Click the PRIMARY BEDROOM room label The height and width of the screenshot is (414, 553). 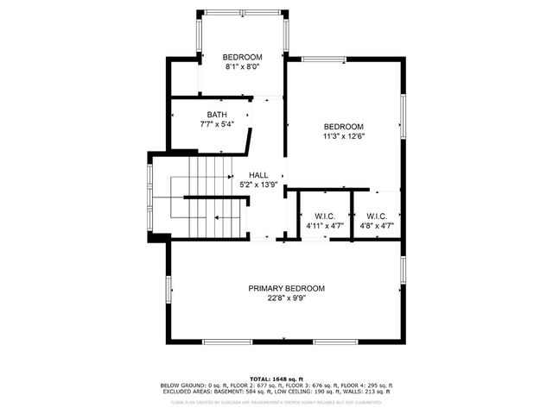click(x=287, y=288)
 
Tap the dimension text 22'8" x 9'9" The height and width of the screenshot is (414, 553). click(x=287, y=298)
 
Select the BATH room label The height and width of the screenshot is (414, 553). click(x=217, y=115)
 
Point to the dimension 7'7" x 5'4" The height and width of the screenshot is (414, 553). click(x=217, y=124)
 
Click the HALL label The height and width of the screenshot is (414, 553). click(x=257, y=174)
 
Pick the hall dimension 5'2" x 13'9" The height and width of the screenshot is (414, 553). click(x=257, y=185)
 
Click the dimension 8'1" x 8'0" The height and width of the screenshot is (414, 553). click(x=242, y=66)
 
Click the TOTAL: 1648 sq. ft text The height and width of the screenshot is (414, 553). click(x=276, y=379)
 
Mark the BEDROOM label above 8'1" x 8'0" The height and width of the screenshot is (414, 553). click(x=242, y=57)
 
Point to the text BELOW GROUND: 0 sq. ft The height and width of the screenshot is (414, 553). click(x=188, y=385)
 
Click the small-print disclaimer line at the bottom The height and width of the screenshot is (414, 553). click(x=276, y=402)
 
